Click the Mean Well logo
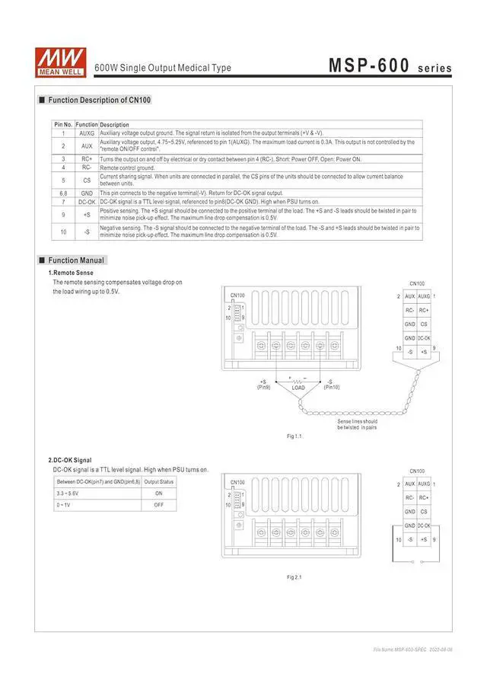60,61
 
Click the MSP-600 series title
390,66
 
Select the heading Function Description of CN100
99,100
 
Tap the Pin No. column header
63,124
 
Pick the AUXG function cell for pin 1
87,133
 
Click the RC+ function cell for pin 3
87,159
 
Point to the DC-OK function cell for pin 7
87,202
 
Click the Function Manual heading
76,260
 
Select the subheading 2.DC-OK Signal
70,460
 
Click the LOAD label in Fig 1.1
298,388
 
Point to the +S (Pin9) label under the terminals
263,385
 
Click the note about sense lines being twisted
357,424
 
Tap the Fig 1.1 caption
294,436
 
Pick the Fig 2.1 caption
294,577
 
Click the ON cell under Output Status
159,494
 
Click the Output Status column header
159,481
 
